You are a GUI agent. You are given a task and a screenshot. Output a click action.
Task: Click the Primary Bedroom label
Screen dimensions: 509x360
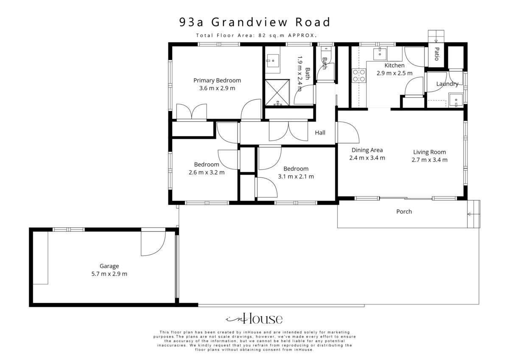[217, 81]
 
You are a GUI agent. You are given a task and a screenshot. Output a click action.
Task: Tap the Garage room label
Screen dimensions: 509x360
[109, 266]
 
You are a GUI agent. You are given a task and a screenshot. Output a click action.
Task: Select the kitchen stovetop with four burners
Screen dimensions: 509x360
[359, 76]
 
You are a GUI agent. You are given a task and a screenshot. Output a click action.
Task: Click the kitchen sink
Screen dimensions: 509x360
[380, 54]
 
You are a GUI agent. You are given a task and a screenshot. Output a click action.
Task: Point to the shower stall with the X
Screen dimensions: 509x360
[277, 92]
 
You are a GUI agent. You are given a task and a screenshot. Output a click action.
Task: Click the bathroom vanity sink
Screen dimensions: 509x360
[272, 61]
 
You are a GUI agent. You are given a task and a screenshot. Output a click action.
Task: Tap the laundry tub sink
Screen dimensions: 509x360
[456, 100]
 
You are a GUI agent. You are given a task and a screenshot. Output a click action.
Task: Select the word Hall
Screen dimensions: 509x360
[320, 132]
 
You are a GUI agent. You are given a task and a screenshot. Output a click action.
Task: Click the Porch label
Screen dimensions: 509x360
[404, 211]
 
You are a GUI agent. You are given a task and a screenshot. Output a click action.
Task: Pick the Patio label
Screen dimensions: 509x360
[436, 54]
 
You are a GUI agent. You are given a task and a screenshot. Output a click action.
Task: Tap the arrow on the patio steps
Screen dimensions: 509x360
[436, 40]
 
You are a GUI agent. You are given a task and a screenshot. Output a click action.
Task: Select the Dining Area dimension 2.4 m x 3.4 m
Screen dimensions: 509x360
[367, 158]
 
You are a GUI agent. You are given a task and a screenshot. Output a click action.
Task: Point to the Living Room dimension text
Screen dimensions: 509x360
[429, 160]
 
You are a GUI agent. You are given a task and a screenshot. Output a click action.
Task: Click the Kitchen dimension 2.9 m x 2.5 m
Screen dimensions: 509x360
[394, 73]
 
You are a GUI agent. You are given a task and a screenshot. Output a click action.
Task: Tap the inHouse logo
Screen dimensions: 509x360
[254, 318]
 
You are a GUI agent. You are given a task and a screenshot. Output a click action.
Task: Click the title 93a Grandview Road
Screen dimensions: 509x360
[255, 22]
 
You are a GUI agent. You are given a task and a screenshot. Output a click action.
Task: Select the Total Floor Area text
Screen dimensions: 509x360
[256, 36]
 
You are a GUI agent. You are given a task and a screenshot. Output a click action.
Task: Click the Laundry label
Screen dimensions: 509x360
[447, 84]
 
